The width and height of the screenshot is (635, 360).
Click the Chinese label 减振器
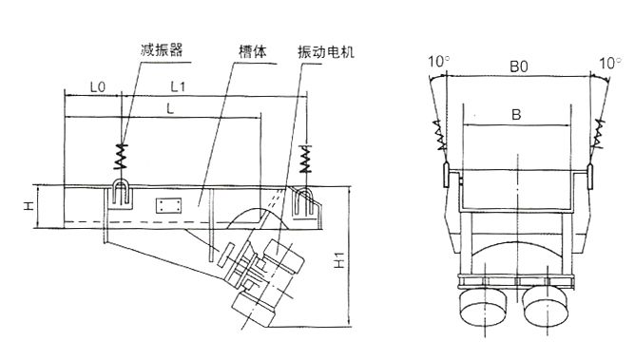tap(162, 49)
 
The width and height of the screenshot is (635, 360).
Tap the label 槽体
tap(252, 52)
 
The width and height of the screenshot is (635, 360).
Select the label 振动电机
tap(326, 52)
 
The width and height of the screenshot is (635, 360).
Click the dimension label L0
tap(97, 87)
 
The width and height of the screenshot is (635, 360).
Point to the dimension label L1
tap(178, 86)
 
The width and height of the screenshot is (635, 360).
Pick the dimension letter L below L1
tap(170, 108)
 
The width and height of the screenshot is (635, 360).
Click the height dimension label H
tap(28, 206)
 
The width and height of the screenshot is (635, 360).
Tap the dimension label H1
tap(339, 260)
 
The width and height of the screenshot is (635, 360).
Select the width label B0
tap(519, 66)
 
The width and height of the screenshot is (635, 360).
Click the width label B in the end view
tap(516, 115)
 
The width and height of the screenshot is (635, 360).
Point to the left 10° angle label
tap(439, 62)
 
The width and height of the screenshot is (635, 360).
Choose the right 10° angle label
tap(610, 63)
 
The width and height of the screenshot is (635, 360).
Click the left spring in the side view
tap(121, 156)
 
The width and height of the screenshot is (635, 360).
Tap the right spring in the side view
tap(306, 159)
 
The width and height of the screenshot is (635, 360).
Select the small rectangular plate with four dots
tap(168, 205)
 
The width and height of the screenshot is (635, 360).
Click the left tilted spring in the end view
tap(439, 135)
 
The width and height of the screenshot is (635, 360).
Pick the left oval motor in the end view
tap(483, 307)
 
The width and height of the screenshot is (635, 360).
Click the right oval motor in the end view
tap(546, 307)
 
